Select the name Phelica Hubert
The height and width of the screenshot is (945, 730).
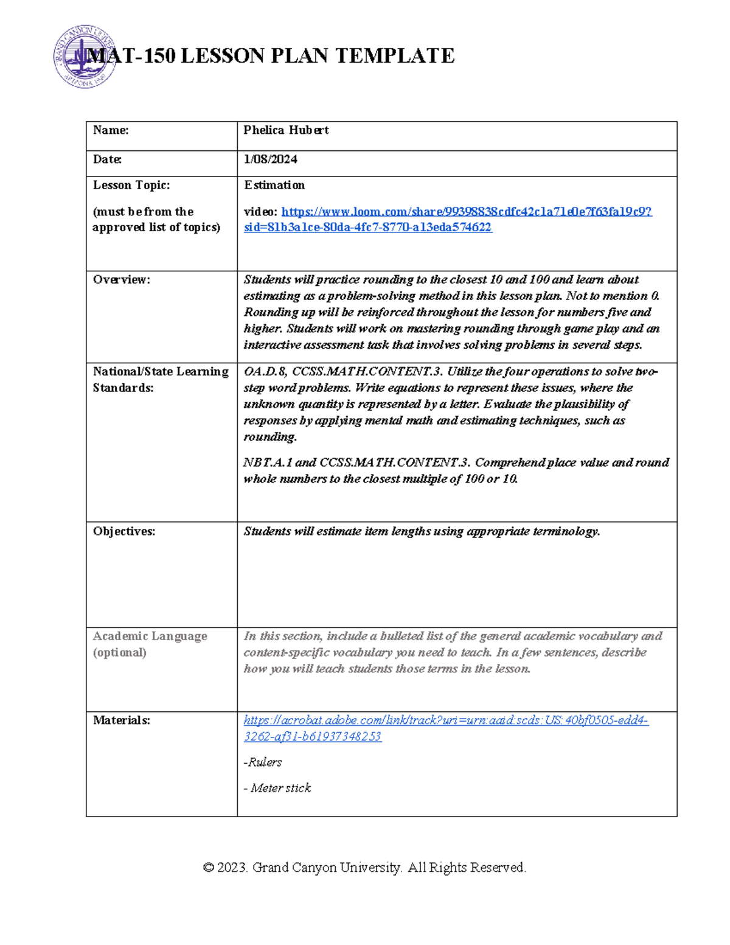tap(286, 130)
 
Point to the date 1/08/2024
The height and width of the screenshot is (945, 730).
tap(270, 159)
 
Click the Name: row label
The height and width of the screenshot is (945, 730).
tap(111, 130)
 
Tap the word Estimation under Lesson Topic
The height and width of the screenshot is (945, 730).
tap(274, 185)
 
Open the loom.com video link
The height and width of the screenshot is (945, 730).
tap(466, 212)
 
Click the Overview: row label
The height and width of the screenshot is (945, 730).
tap(121, 280)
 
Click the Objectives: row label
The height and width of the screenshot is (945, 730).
tap(123, 532)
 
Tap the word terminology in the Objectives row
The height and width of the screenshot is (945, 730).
tap(566, 532)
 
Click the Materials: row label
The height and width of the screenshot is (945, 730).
tap(121, 720)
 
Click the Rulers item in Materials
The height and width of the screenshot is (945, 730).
tap(263, 762)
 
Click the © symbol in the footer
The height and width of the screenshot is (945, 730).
tap(208, 868)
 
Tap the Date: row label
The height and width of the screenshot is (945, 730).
tap(107, 159)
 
